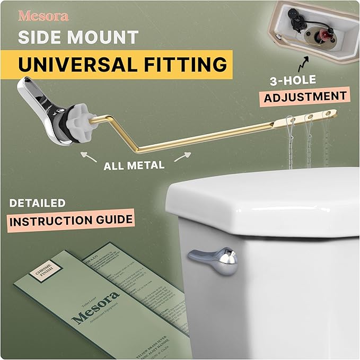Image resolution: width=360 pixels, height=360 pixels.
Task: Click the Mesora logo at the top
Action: [x=43, y=16]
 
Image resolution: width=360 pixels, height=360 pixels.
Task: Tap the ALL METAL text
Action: [x=134, y=165]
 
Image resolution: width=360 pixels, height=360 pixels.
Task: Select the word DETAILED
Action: [x=37, y=203]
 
